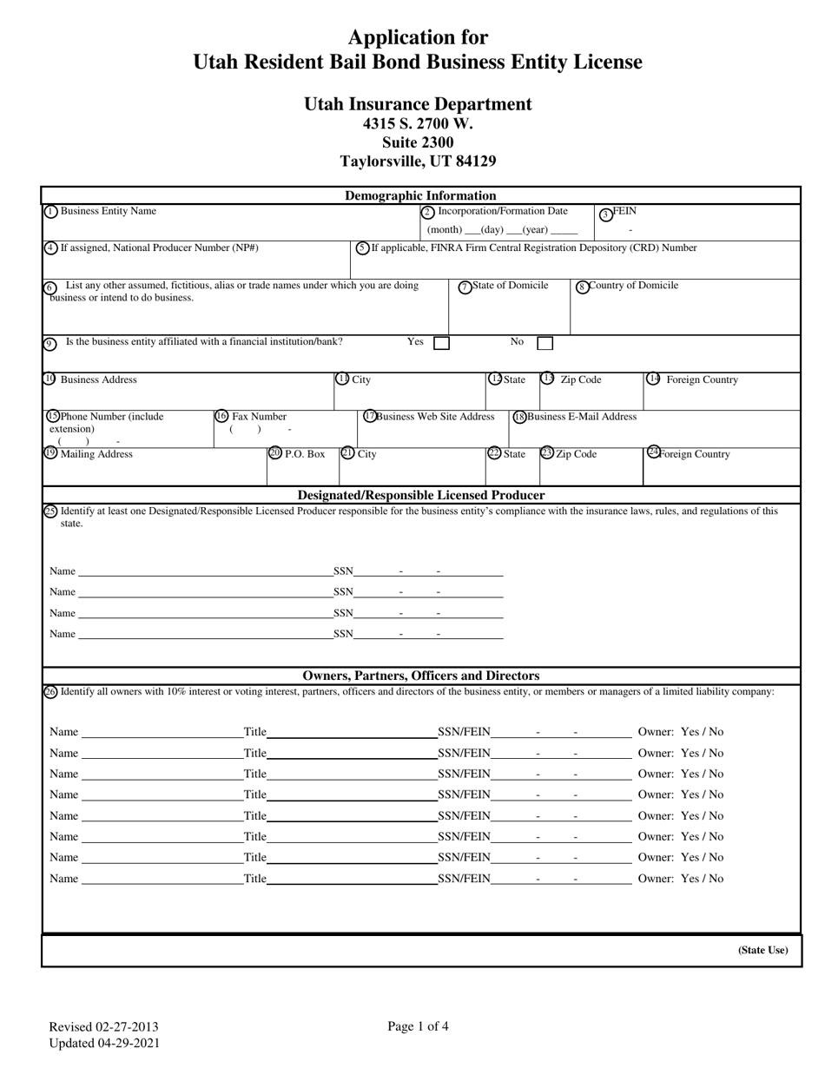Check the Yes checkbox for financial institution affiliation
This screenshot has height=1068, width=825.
point(441,343)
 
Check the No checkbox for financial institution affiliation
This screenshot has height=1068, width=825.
point(544,343)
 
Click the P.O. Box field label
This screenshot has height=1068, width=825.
point(304,453)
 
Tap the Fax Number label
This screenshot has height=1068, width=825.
point(258,416)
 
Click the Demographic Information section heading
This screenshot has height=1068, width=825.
point(420,195)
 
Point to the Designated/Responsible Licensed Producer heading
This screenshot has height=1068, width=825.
point(420,495)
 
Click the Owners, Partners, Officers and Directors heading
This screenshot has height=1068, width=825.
point(420,676)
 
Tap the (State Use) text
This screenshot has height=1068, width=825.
point(762,950)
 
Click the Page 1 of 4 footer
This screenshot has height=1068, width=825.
point(418,1026)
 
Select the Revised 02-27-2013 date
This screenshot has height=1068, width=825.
point(103,1027)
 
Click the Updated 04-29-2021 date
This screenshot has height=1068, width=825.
point(103,1043)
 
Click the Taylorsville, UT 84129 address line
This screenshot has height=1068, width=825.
point(418,161)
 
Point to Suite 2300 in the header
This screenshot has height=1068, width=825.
point(418,142)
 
